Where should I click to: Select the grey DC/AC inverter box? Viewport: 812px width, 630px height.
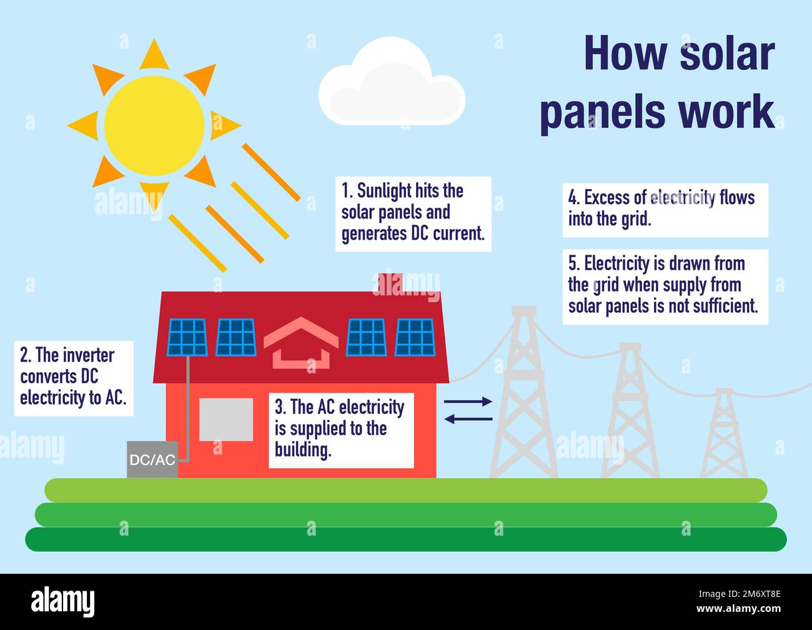coord(152,460)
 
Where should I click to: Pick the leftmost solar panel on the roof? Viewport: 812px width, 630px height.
coord(187,337)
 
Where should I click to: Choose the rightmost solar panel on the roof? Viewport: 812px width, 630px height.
coord(415,337)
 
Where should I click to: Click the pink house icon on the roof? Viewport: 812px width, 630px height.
coord(300,343)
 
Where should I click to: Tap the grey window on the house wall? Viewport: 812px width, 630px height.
coord(226,420)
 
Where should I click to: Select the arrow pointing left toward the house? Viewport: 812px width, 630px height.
coord(468,419)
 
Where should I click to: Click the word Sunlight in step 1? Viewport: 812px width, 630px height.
coord(384,191)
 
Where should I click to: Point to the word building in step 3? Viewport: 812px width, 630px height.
coord(302,450)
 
